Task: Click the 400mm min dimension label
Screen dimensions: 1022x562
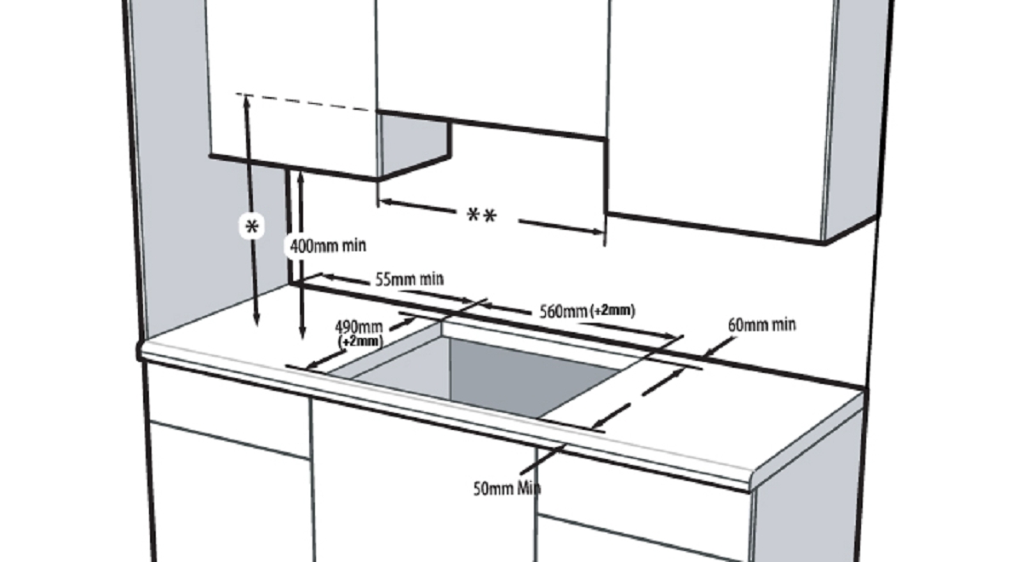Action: pos(328,246)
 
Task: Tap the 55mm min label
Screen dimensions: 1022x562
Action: pos(410,278)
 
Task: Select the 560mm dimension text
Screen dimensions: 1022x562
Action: pos(563,312)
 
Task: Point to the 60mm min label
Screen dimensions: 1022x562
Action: pos(762,324)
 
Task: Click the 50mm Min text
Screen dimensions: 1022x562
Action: pos(507,489)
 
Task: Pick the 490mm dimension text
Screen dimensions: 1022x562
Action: pos(359,327)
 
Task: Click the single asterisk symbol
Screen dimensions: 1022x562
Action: pos(252,227)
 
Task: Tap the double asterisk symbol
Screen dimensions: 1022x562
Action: pos(482,215)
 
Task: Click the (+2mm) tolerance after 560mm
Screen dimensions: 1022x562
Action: pos(612,311)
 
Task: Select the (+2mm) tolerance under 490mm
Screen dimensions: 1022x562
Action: pos(360,341)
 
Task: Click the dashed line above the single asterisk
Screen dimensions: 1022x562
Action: pos(305,101)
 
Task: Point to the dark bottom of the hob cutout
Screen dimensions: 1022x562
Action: pos(525,376)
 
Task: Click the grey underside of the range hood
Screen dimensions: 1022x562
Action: pos(413,144)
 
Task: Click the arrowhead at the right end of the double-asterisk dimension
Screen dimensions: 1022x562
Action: pos(599,232)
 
